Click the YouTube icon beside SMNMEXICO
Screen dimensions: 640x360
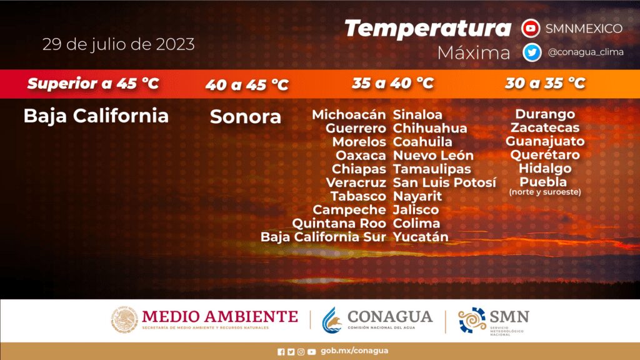coord(531,29)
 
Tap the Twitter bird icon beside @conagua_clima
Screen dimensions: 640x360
coord(532,52)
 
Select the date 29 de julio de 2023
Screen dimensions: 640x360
coord(118,44)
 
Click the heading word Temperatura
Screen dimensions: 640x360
coord(427,29)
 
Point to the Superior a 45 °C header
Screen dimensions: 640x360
coord(93,83)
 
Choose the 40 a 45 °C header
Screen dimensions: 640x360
coord(247,84)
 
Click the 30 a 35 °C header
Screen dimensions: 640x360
coord(545,83)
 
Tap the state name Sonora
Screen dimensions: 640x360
coord(245,117)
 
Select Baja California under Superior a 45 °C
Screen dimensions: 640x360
coord(96,116)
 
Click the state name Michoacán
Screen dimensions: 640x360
coord(349,115)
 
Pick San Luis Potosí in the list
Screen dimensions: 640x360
coord(444,182)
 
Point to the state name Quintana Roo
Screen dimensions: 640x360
coord(339,223)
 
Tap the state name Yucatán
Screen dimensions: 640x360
coord(421,237)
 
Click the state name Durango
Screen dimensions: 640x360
coord(545,114)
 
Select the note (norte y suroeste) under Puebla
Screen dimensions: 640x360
coord(545,192)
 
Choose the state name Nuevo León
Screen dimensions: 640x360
coord(433,156)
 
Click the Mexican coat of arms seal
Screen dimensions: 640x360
coord(124,319)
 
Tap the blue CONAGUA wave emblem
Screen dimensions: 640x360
coord(331,321)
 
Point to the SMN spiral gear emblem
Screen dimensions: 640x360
coord(472,320)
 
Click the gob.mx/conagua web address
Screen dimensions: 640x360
coord(354,351)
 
